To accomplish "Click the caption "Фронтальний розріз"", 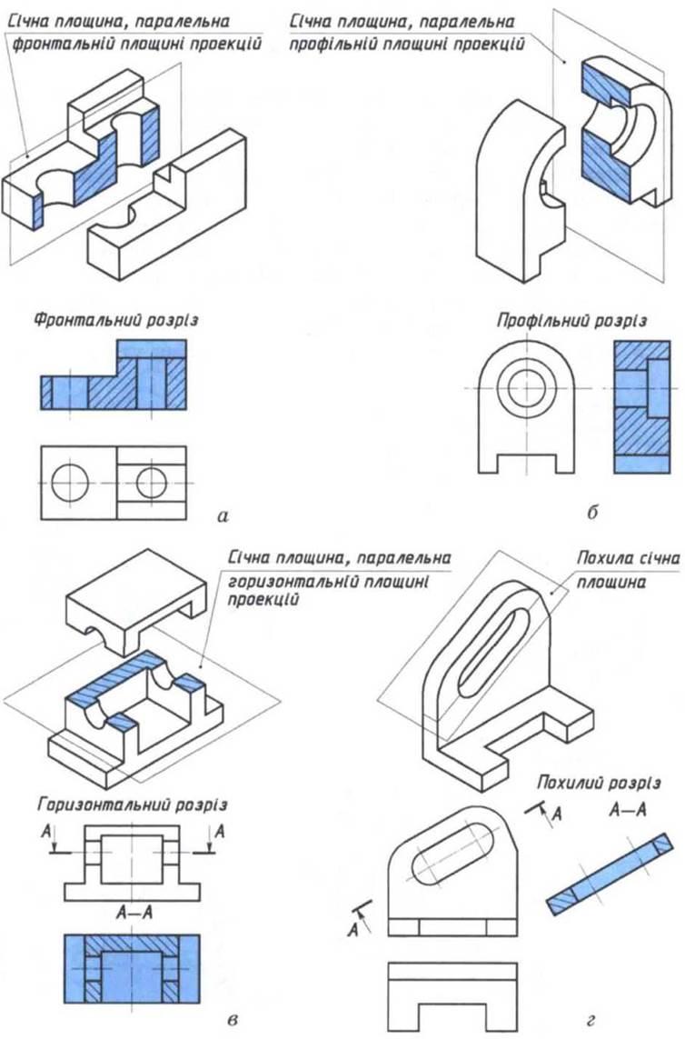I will pyautogui.click(x=116, y=320).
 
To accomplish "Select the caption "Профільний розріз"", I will pyautogui.click(x=571, y=320).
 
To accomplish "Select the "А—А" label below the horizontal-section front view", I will pyautogui.click(x=132, y=908).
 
